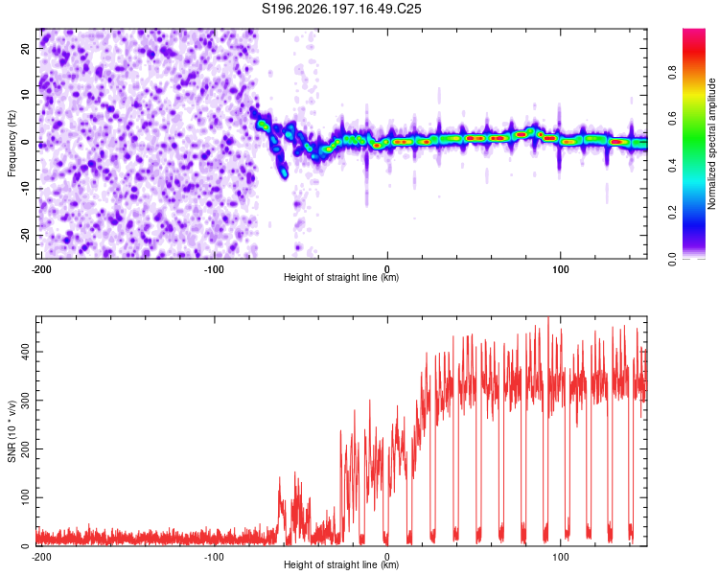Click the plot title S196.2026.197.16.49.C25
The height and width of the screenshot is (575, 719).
[x=341, y=9]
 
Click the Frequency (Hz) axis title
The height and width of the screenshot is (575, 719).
[x=12, y=144]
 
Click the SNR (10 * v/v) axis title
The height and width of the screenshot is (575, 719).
[x=12, y=431]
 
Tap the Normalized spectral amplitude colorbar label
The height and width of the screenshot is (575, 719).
[x=711, y=144]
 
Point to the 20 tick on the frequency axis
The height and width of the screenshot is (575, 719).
[x=25, y=49]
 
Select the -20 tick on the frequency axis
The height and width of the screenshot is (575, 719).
[x=25, y=235]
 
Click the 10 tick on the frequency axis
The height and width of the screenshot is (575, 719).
[x=25, y=95]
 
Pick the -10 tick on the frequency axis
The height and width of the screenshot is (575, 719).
[x=25, y=189]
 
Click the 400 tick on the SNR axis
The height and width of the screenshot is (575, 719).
[x=25, y=352]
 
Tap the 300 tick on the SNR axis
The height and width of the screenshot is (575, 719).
[x=25, y=401]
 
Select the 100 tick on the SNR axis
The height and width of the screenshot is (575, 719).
[x=25, y=497]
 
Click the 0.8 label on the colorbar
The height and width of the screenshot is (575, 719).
[x=672, y=72]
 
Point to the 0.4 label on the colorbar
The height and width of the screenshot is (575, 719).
[x=672, y=165]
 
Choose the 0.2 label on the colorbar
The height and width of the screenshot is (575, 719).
[x=672, y=212]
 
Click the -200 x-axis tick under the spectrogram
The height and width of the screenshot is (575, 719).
[x=41, y=269]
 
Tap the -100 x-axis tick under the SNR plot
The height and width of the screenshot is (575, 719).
[x=214, y=557]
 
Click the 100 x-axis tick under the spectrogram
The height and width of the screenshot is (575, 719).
[x=561, y=269]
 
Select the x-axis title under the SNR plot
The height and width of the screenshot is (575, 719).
[x=341, y=564]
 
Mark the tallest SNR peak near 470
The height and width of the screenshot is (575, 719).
[x=548, y=318]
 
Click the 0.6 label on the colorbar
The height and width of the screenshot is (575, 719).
[x=672, y=118]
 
